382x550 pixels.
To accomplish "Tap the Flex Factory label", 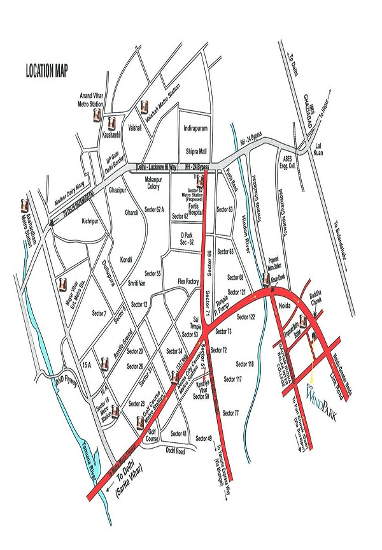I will point(189,281).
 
